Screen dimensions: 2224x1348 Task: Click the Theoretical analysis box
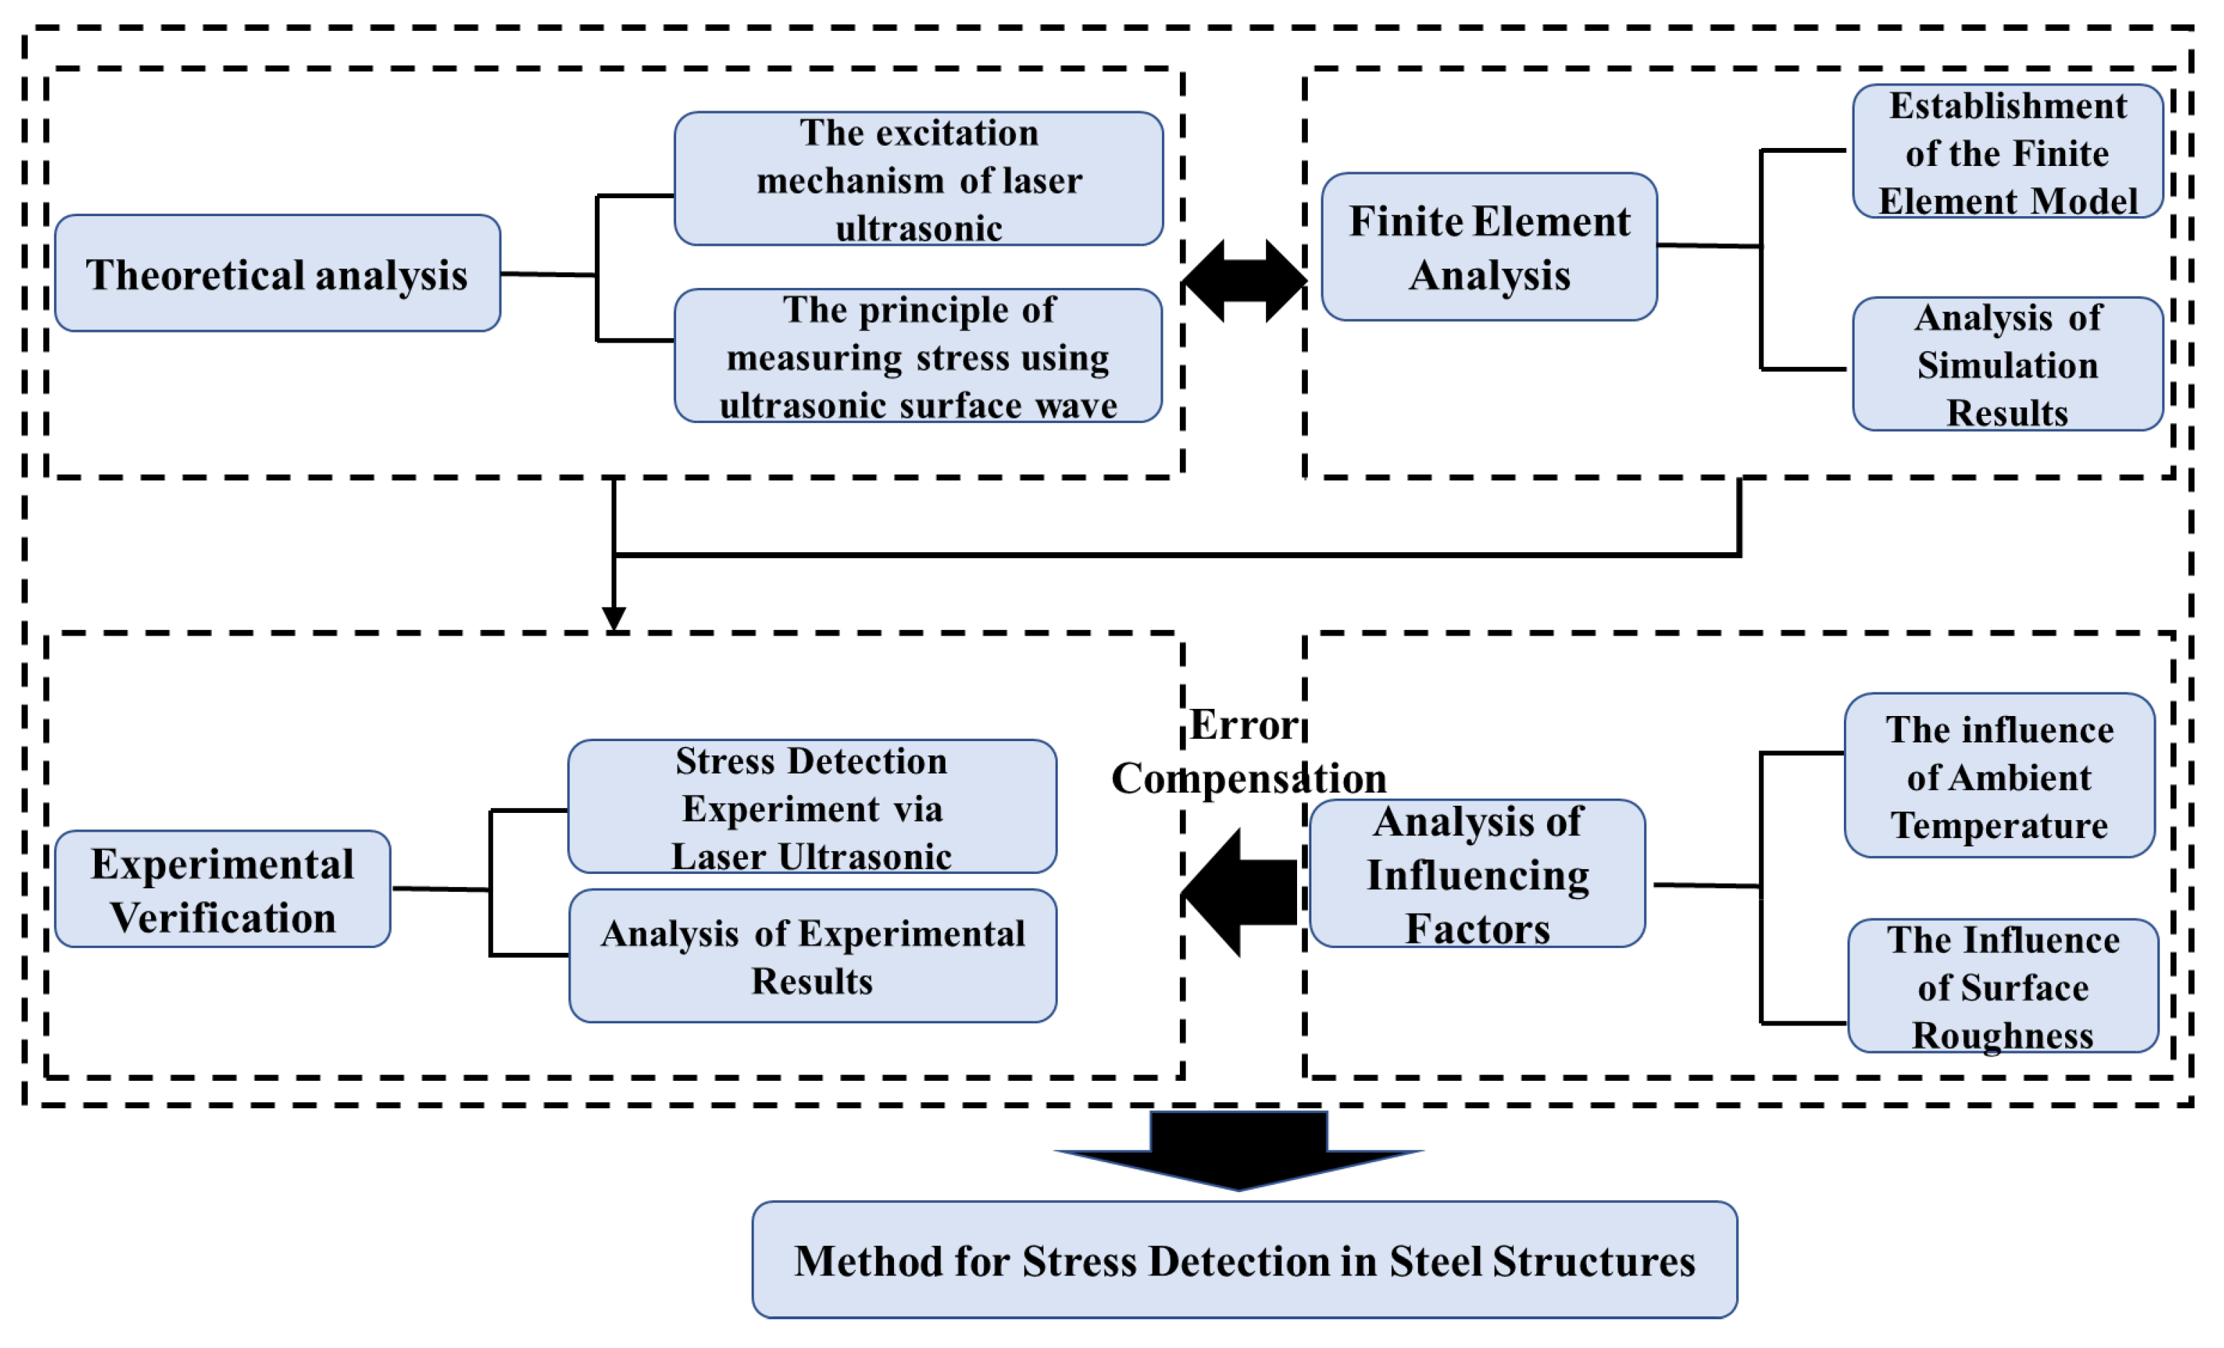click(277, 272)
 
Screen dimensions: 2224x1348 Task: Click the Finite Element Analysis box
click(1490, 246)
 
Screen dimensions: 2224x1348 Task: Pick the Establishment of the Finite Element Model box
click(2008, 152)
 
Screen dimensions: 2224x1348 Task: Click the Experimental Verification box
click(222, 889)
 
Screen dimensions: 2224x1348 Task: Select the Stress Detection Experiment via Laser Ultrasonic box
click(811, 807)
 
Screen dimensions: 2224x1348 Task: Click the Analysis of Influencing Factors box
click(1477, 873)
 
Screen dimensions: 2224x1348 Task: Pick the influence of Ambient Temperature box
click(1999, 775)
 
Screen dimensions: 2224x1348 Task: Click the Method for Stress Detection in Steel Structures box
click(1245, 1260)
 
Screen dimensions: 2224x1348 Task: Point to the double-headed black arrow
click(1245, 281)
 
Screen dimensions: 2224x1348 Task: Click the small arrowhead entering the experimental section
click(614, 619)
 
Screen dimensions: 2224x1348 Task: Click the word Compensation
click(1248, 778)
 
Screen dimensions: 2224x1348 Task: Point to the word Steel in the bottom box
click(1435, 1260)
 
